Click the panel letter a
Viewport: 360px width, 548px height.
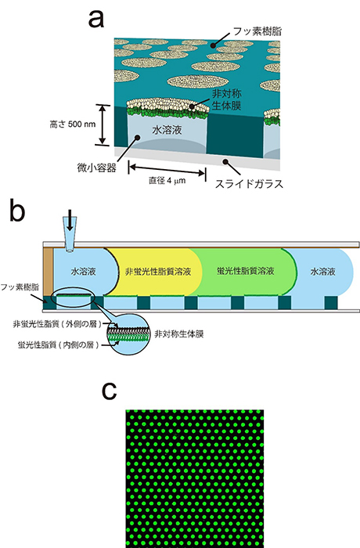[x=96, y=20]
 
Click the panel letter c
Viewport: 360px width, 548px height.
[x=109, y=391]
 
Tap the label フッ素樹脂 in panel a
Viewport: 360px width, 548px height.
[x=257, y=31]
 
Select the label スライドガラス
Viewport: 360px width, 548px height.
[x=249, y=183]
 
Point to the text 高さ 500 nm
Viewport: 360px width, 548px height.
[x=73, y=124]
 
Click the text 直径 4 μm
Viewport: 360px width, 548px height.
[x=167, y=181]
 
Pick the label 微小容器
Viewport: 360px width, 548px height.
[x=96, y=168]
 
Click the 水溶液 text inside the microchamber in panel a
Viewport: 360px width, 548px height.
[x=167, y=130]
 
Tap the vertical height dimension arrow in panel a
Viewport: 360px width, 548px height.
[x=102, y=124]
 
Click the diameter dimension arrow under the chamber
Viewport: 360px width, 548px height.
[x=167, y=170]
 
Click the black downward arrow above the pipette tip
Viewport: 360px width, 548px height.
[x=70, y=221]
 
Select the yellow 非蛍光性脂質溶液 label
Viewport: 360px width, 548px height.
[x=158, y=271]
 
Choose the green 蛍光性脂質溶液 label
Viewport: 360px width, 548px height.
[x=245, y=271]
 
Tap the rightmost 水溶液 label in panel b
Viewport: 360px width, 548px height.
[x=322, y=271]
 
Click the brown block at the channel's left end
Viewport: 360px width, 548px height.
[x=49, y=272]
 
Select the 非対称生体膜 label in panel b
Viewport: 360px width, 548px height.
[x=179, y=334]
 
